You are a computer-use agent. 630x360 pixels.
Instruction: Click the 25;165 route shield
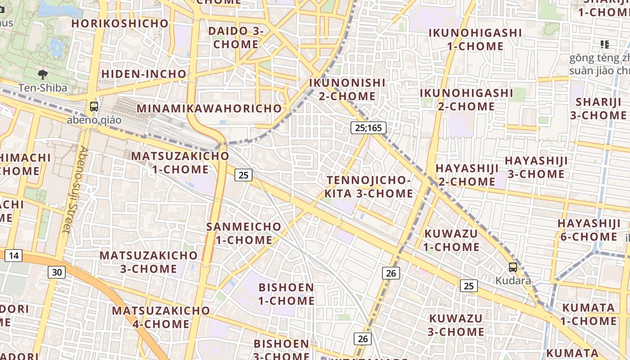(x=368, y=128)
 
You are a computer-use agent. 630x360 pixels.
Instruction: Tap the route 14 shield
(x=13, y=256)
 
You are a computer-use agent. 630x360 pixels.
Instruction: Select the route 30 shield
(x=57, y=272)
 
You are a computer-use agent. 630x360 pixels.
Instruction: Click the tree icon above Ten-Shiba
(x=43, y=74)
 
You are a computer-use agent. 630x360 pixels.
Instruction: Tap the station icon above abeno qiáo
(x=94, y=107)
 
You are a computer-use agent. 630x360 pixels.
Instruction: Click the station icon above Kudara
(x=513, y=267)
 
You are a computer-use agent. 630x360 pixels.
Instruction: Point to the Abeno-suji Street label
(x=74, y=189)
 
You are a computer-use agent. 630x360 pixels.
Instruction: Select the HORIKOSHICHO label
(x=120, y=23)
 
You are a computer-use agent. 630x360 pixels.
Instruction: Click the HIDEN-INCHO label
(x=144, y=74)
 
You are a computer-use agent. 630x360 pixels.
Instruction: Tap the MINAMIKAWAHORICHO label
(x=209, y=108)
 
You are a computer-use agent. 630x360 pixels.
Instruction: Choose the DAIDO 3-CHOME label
(x=236, y=38)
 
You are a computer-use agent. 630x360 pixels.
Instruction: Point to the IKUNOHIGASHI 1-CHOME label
(x=475, y=40)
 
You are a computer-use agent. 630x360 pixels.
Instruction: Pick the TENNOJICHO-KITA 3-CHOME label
(x=369, y=187)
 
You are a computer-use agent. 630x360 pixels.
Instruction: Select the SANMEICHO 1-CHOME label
(x=244, y=233)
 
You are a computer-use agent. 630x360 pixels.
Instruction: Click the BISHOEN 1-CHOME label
(x=286, y=294)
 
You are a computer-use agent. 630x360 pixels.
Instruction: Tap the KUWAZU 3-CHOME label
(x=455, y=325)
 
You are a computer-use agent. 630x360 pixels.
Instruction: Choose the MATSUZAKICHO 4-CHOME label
(x=161, y=317)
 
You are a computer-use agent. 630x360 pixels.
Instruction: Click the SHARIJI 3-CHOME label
(x=598, y=108)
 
